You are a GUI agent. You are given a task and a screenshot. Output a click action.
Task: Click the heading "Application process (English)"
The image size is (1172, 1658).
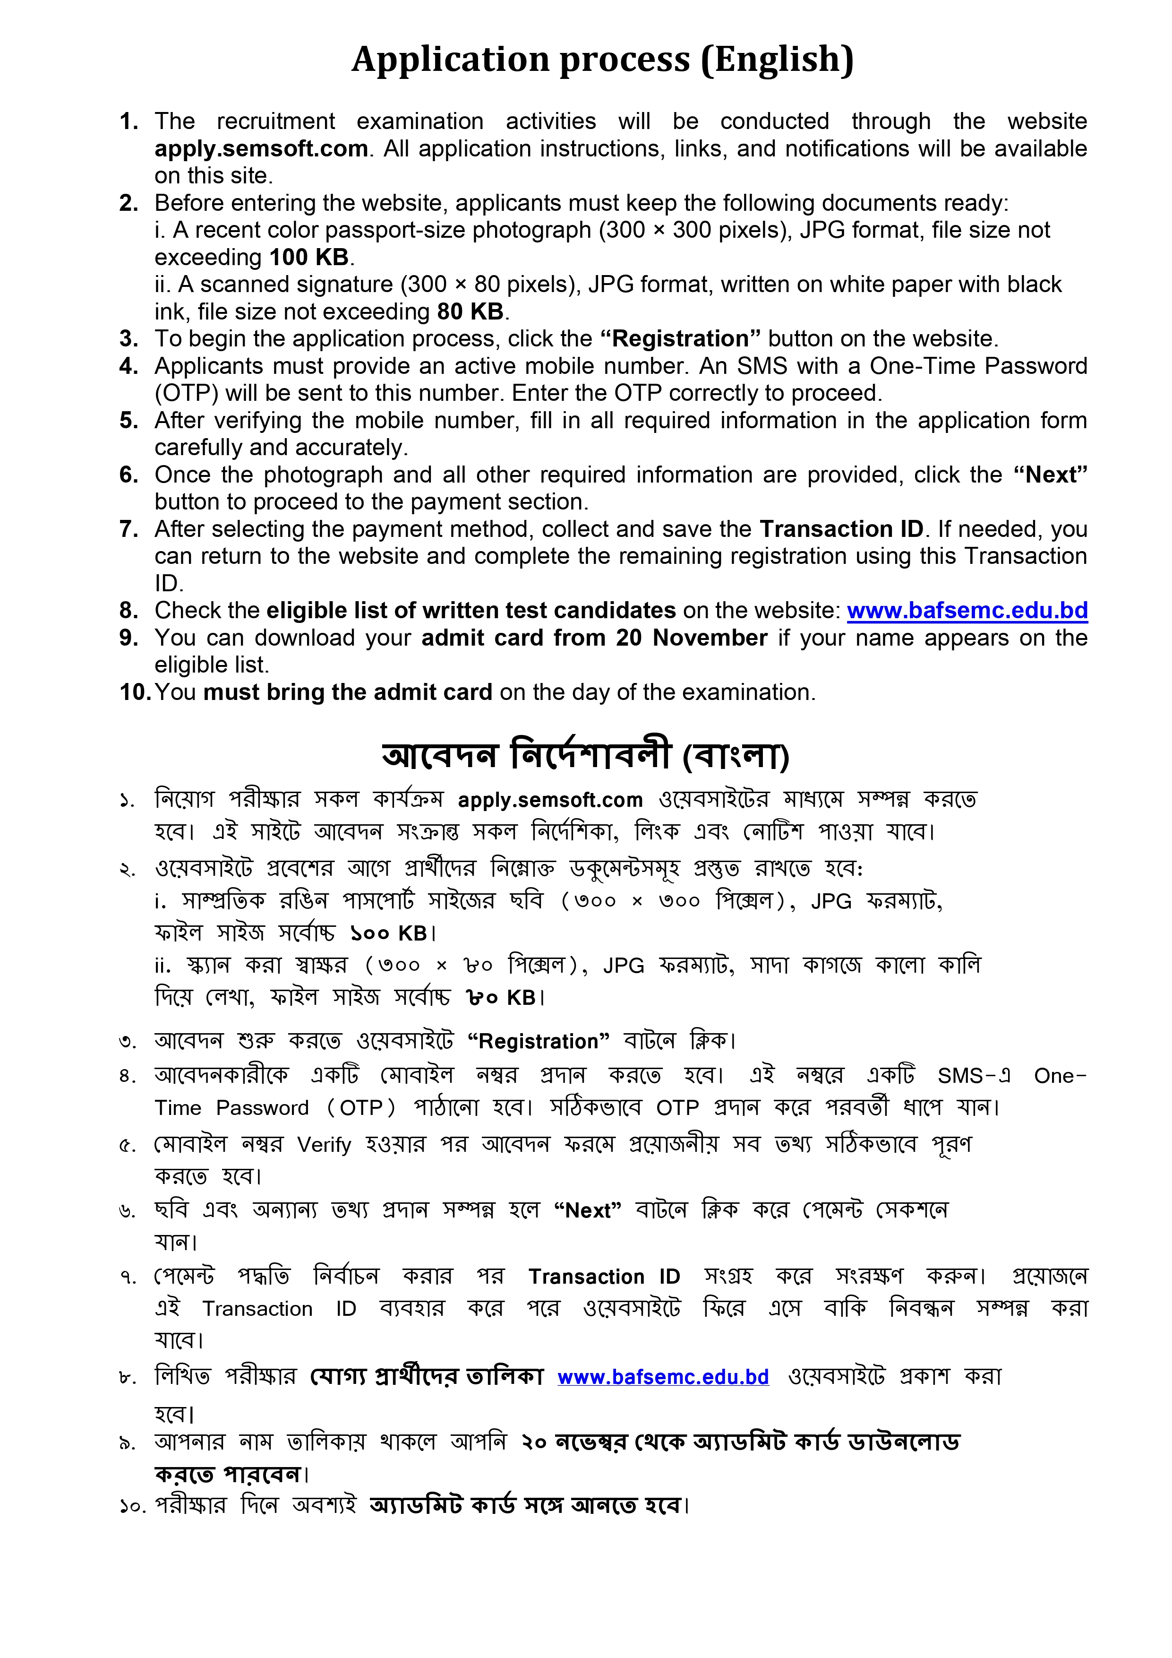pos(603,59)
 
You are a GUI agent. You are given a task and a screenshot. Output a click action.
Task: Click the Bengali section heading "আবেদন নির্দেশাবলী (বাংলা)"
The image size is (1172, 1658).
pos(585,755)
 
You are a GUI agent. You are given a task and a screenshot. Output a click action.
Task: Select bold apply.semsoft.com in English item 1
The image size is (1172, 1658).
pos(261,149)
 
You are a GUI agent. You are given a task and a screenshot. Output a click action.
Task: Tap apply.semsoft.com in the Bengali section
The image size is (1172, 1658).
pos(550,800)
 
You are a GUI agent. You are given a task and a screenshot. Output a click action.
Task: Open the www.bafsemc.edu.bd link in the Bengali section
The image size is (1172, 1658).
pos(662,1377)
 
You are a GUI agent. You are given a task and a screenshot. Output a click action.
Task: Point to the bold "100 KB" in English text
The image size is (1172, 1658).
pos(309,257)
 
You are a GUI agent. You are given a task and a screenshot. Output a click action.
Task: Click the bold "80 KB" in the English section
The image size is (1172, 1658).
pos(470,311)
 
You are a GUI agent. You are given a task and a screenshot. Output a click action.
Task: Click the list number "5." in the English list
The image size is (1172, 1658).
pos(129,420)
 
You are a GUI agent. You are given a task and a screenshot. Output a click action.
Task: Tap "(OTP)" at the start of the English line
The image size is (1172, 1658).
pos(186,393)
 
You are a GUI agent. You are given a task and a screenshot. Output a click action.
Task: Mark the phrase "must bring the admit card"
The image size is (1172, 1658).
pos(348,692)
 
